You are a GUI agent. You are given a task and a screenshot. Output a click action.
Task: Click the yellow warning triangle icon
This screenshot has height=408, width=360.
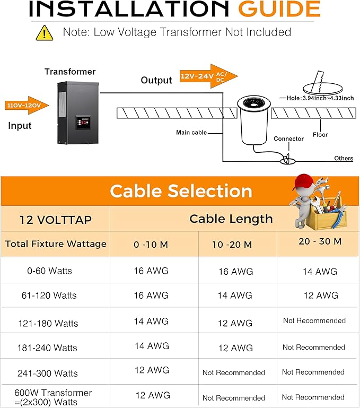45,32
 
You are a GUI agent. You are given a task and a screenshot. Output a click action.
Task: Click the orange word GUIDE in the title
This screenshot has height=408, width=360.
279,9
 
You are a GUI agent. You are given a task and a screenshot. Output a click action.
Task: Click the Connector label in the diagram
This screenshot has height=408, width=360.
288,139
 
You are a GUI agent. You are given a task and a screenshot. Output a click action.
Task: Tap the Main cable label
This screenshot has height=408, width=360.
191,132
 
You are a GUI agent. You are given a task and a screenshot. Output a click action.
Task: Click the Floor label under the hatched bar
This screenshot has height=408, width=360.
320,135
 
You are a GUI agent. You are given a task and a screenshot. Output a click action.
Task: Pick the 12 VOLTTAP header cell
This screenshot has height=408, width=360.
55,219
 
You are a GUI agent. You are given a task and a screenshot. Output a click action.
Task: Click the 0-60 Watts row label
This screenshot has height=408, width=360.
49,271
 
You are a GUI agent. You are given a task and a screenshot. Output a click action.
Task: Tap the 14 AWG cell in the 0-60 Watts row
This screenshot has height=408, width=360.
319,272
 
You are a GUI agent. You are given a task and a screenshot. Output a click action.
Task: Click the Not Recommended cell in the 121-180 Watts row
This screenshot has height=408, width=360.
314,320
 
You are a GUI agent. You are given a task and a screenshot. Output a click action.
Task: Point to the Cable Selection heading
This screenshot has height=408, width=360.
181,190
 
